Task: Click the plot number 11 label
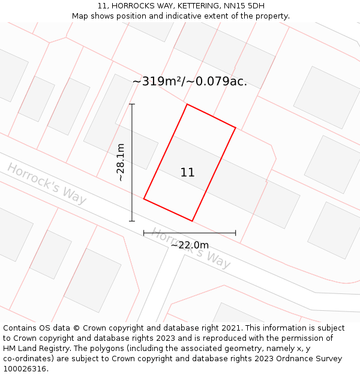coord(187,173)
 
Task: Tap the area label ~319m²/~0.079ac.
coord(190,82)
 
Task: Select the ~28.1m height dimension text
coord(121,162)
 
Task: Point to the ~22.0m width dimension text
coord(190,245)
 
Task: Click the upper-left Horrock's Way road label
coord(47,183)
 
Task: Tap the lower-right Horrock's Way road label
coord(191,248)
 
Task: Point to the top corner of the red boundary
coord(187,104)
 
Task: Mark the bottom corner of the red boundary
coord(192,221)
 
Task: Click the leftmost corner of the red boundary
coord(144,199)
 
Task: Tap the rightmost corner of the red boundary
coord(235,128)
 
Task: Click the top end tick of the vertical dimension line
coord(132,104)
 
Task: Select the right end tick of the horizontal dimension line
coord(235,233)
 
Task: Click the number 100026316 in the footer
coord(24,369)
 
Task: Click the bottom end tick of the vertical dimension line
coord(132,221)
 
